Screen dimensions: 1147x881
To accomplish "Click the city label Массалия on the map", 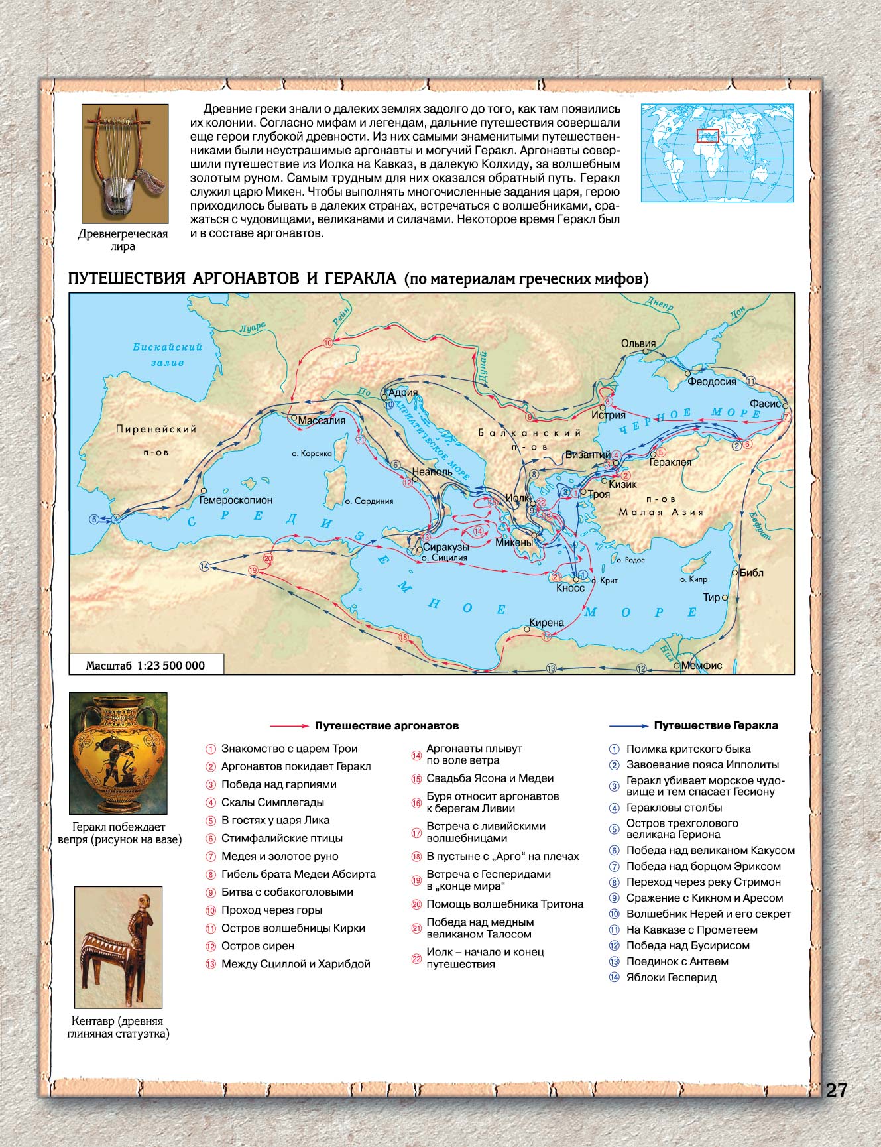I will coord(322,421).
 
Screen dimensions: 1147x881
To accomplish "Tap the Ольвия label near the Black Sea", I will coord(638,343).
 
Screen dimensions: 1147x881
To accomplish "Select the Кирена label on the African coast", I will coord(547,623).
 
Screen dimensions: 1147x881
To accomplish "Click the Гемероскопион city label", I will coord(236,500).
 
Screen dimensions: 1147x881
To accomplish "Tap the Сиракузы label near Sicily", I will coord(445,547).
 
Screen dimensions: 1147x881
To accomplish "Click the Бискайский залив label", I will coord(167,355).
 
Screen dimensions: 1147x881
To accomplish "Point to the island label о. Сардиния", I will coord(369,501).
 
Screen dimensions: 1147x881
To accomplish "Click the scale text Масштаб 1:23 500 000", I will coord(146,666).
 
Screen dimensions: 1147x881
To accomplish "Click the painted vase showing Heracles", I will coord(118,753).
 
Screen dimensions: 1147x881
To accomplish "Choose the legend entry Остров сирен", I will coord(258,946).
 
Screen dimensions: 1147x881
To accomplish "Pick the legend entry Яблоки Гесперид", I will coord(672,977).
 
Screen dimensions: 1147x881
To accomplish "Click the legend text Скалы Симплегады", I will coord(272,802).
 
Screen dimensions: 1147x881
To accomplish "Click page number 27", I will coord(836,1091).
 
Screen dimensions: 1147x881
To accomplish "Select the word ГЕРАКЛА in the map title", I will coord(361,278).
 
